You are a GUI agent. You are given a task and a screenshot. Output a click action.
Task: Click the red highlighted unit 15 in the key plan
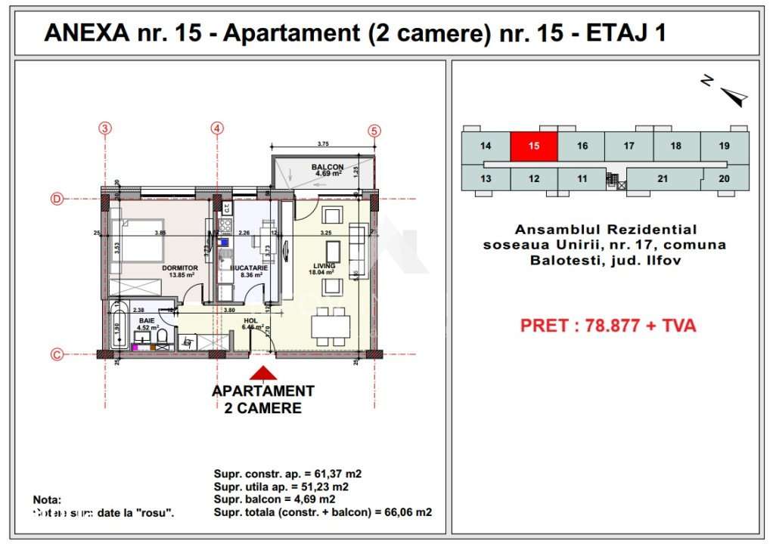pos(533,146)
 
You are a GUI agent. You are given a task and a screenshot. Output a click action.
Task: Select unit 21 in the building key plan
pos(663,179)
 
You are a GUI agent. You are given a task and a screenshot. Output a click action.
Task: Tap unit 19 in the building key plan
pos(724,146)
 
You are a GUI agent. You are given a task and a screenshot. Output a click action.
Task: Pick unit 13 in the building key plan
pos(486,179)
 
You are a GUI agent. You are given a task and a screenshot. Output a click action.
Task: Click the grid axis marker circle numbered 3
pos(105,128)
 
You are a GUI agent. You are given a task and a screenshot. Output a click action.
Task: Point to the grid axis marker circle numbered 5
pos(374,129)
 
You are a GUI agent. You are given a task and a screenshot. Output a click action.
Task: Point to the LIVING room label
pos(324,266)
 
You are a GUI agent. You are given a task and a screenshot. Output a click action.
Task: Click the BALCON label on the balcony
pos(328,167)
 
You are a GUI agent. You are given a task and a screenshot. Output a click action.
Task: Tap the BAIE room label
pos(146,320)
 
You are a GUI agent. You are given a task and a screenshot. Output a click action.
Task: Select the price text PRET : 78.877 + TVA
pos(607,326)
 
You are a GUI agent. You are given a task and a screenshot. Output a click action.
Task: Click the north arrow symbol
pos(731,95)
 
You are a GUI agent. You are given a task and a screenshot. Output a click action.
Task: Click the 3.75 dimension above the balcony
pos(323,144)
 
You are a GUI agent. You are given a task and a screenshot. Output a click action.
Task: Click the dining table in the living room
pos(331,326)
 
